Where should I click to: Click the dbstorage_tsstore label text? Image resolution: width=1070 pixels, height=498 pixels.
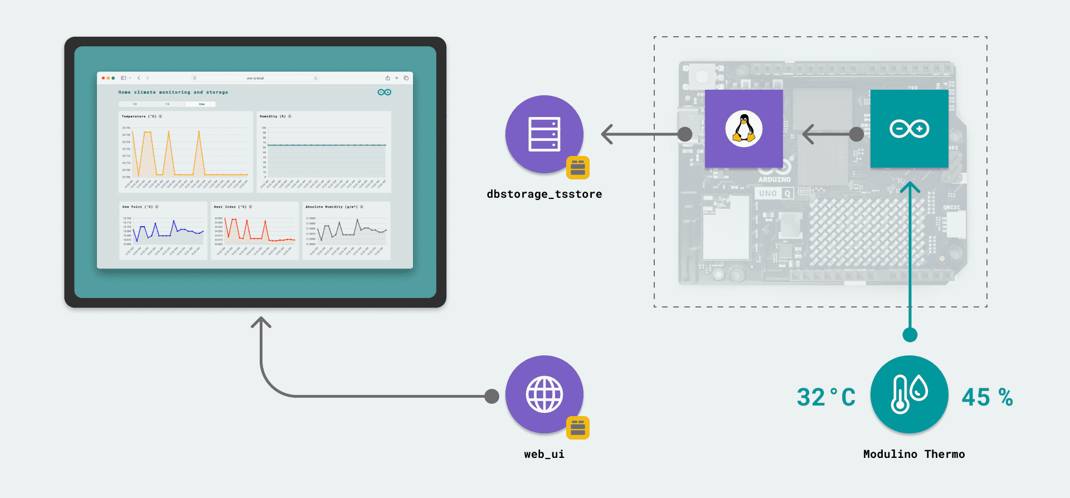click(x=544, y=194)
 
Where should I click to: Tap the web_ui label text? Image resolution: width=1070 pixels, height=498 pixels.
click(x=544, y=454)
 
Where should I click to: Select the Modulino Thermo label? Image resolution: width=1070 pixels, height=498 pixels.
click(x=913, y=454)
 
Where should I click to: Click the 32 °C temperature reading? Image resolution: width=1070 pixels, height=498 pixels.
click(x=825, y=397)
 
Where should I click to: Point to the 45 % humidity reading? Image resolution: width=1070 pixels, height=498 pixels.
click(x=987, y=397)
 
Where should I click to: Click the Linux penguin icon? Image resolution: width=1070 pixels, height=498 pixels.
click(x=743, y=128)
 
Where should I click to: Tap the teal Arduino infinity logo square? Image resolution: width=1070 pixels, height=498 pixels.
click(x=909, y=129)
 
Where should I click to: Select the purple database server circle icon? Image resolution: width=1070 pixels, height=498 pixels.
click(x=544, y=134)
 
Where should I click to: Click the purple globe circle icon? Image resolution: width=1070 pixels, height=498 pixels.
click(x=544, y=394)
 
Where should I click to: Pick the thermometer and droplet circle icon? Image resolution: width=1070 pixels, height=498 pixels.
click(x=909, y=394)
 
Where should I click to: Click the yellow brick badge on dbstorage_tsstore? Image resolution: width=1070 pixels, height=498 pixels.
click(x=578, y=168)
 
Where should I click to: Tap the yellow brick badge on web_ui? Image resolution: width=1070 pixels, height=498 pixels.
click(x=578, y=428)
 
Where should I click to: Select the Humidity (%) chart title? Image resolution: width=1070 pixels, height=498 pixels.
click(x=273, y=116)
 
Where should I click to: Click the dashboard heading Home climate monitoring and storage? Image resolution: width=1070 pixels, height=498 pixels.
click(x=173, y=92)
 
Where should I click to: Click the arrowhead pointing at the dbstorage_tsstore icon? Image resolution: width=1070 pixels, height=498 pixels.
click(x=607, y=134)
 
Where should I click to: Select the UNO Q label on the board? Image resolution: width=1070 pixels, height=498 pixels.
click(x=775, y=193)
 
